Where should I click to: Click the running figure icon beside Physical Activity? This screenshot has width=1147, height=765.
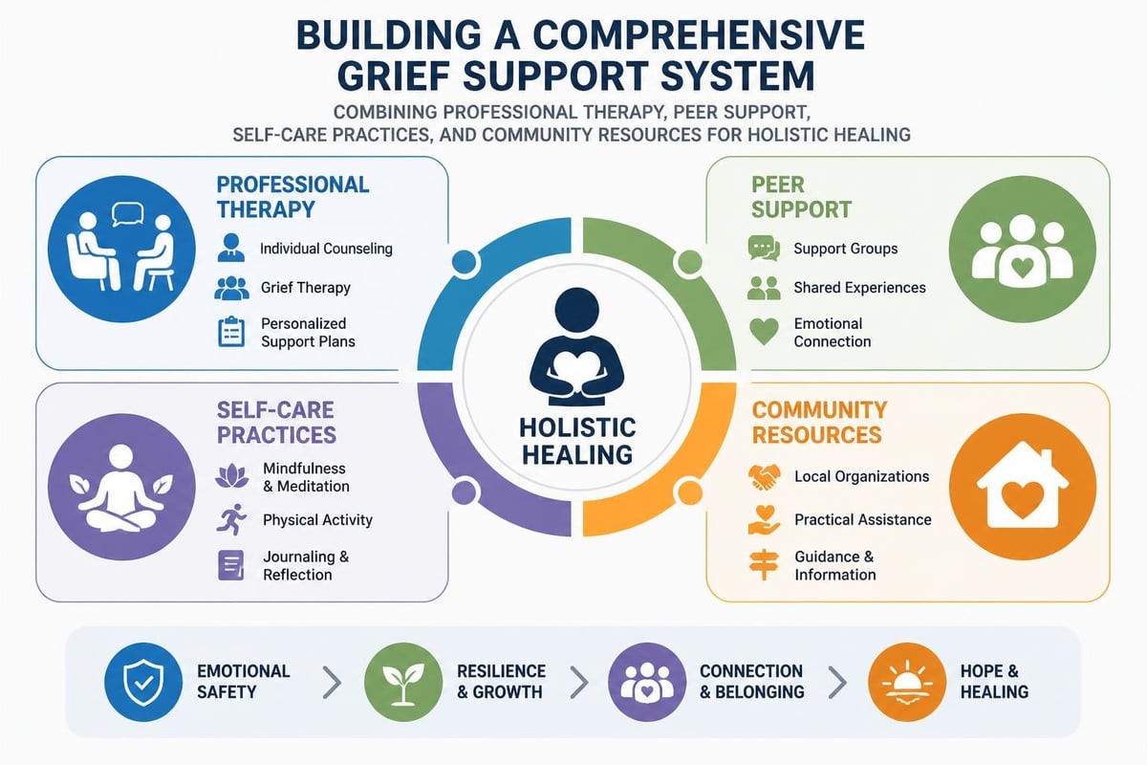click(231, 519)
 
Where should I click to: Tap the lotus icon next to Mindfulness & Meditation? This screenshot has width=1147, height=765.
click(231, 476)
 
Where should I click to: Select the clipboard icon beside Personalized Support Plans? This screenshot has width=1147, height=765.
click(231, 332)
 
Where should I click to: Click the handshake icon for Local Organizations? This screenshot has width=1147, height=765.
click(764, 476)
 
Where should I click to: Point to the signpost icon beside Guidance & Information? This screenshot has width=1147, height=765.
click(764, 564)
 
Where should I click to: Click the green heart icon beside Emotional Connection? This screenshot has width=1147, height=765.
click(764, 332)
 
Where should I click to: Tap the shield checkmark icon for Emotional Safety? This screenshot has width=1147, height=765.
click(143, 683)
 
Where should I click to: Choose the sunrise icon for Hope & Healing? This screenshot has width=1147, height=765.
click(907, 683)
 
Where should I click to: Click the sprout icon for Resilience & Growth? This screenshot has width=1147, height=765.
click(403, 683)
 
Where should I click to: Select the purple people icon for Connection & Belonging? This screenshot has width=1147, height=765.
click(647, 683)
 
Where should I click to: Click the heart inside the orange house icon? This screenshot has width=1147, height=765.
click(1023, 499)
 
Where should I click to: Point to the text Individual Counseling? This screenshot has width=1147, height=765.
click(326, 249)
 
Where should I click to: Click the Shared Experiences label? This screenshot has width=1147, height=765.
click(859, 288)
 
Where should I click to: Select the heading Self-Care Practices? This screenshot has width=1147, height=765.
click(276, 423)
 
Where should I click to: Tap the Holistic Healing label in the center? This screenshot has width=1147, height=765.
click(577, 441)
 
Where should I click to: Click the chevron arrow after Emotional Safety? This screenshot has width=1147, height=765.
click(333, 683)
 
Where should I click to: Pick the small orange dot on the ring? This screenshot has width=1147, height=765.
click(690, 492)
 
